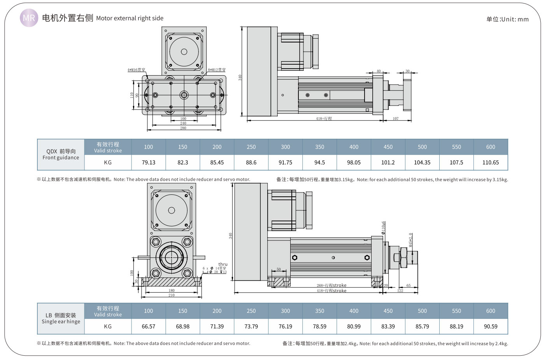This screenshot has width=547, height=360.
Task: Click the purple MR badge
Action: click(29, 18)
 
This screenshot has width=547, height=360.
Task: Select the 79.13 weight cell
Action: click(148, 162)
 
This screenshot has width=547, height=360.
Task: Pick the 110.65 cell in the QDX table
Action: click(490, 162)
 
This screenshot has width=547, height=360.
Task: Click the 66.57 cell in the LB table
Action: click(148, 326)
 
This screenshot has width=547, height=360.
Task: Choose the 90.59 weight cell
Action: click(490, 326)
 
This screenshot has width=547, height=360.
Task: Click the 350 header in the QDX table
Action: click(319, 147)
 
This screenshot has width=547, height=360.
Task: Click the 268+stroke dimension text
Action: click(331, 285)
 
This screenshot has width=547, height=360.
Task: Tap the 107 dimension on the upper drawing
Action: click(395, 118)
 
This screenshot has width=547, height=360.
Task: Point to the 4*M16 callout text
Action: click(136, 70)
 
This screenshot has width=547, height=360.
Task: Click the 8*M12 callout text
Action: click(217, 70)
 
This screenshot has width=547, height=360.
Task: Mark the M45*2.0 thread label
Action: click(410, 240)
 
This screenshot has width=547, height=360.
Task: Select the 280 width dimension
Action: click(183, 128)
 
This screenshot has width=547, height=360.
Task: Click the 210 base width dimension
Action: click(171, 295)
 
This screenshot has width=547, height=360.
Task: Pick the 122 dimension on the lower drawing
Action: click(400, 291)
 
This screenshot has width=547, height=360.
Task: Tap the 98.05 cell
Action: click(354, 162)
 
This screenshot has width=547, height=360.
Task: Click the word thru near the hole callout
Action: click(223, 264)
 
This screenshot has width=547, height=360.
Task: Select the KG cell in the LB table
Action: click(108, 326)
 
